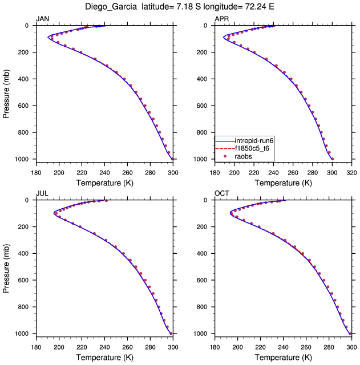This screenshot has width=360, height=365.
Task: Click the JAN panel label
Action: (43, 19)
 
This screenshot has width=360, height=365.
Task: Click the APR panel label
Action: (221, 19)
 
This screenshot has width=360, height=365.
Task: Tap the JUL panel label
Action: (42, 193)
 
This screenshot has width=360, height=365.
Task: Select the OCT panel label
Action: (222, 193)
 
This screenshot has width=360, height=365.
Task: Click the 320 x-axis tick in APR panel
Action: (352, 171)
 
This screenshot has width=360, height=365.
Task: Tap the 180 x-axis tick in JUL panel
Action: (35, 346)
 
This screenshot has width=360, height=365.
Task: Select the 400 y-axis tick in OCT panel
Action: (205, 254)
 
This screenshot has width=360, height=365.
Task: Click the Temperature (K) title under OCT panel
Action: (283, 357)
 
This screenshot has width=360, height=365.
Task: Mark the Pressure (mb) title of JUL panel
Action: (6, 266)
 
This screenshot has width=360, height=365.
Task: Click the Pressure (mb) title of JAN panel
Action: (6, 92)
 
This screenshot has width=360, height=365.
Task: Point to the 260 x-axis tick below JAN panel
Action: (127, 171)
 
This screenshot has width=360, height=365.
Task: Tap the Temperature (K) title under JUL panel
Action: (104, 357)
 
